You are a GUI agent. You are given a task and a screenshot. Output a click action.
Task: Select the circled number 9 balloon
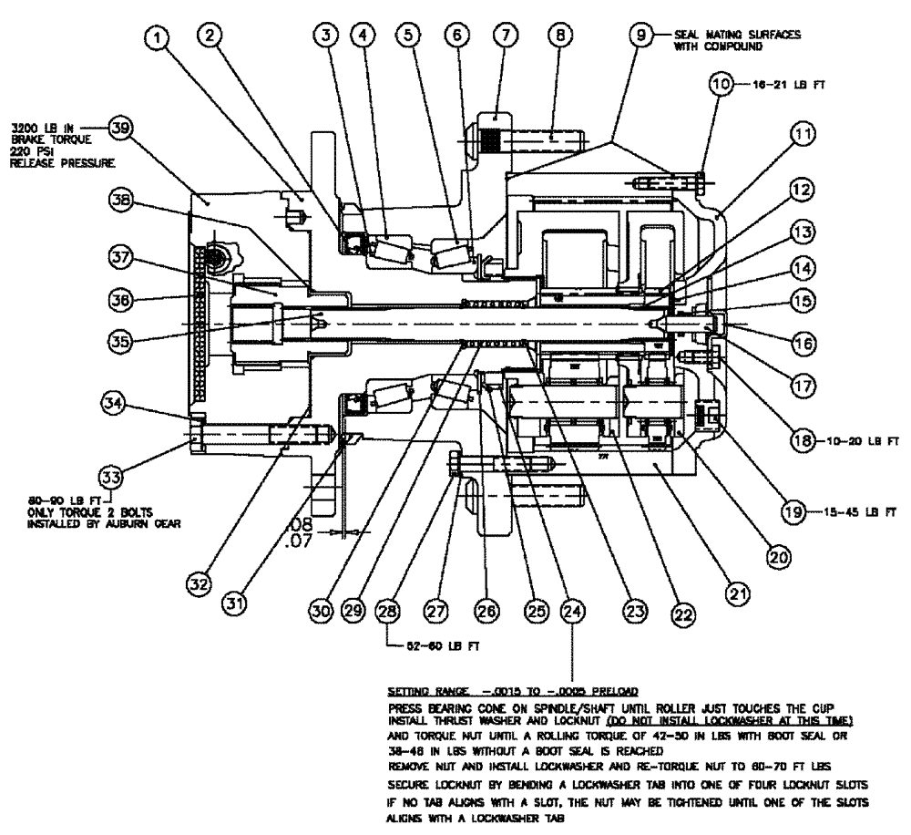click(644, 36)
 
